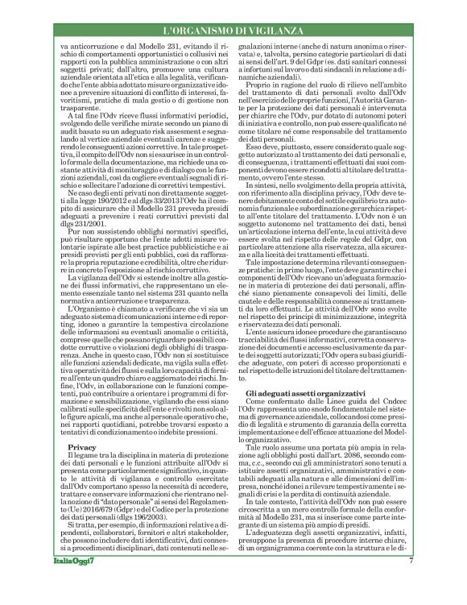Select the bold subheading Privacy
point(82,445)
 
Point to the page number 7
point(411,582)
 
